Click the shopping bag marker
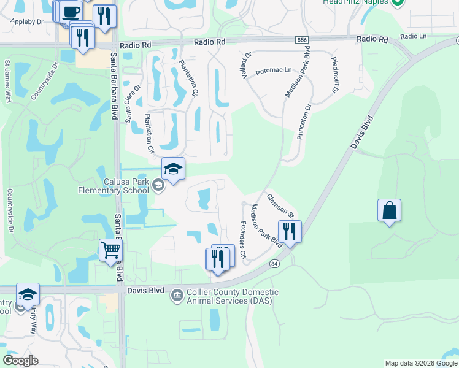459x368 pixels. (389, 212)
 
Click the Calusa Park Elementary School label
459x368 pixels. (114, 186)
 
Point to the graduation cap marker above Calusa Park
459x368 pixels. (173, 170)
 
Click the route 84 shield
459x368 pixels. (274, 264)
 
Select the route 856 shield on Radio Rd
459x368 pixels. (301, 40)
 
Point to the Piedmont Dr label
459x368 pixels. (335, 75)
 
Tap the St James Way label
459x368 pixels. (8, 80)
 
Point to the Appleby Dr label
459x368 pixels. (27, 21)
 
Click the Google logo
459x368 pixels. (20, 361)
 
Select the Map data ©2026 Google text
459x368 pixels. (421, 363)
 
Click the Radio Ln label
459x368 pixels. (414, 37)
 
